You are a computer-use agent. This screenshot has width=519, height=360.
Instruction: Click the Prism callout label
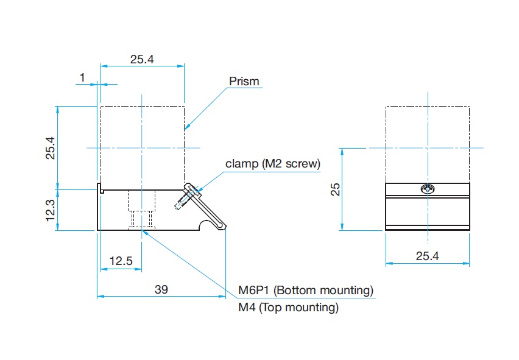pyautogui.click(x=244, y=81)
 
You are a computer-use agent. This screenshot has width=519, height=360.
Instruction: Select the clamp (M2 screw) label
pyautogui.click(x=272, y=163)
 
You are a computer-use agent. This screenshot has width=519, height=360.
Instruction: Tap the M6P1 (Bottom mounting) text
pyautogui.click(x=305, y=290)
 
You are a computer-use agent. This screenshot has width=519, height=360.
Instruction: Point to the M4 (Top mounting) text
pyautogui.click(x=288, y=308)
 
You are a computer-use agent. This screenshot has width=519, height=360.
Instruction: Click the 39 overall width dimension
pyautogui.click(x=161, y=289)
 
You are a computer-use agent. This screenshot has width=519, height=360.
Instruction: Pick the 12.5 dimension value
pyautogui.click(x=121, y=261)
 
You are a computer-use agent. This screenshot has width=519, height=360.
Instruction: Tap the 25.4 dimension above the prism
pyautogui.click(x=142, y=59)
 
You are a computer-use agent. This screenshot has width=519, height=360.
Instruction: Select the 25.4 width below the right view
pyautogui.click(x=427, y=256)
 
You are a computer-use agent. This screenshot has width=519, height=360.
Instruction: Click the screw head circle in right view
pyautogui.click(x=428, y=189)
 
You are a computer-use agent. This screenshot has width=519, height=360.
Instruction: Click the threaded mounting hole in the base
pyautogui.click(x=141, y=210)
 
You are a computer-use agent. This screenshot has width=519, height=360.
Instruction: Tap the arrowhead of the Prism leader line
pyautogui.click(x=186, y=128)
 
